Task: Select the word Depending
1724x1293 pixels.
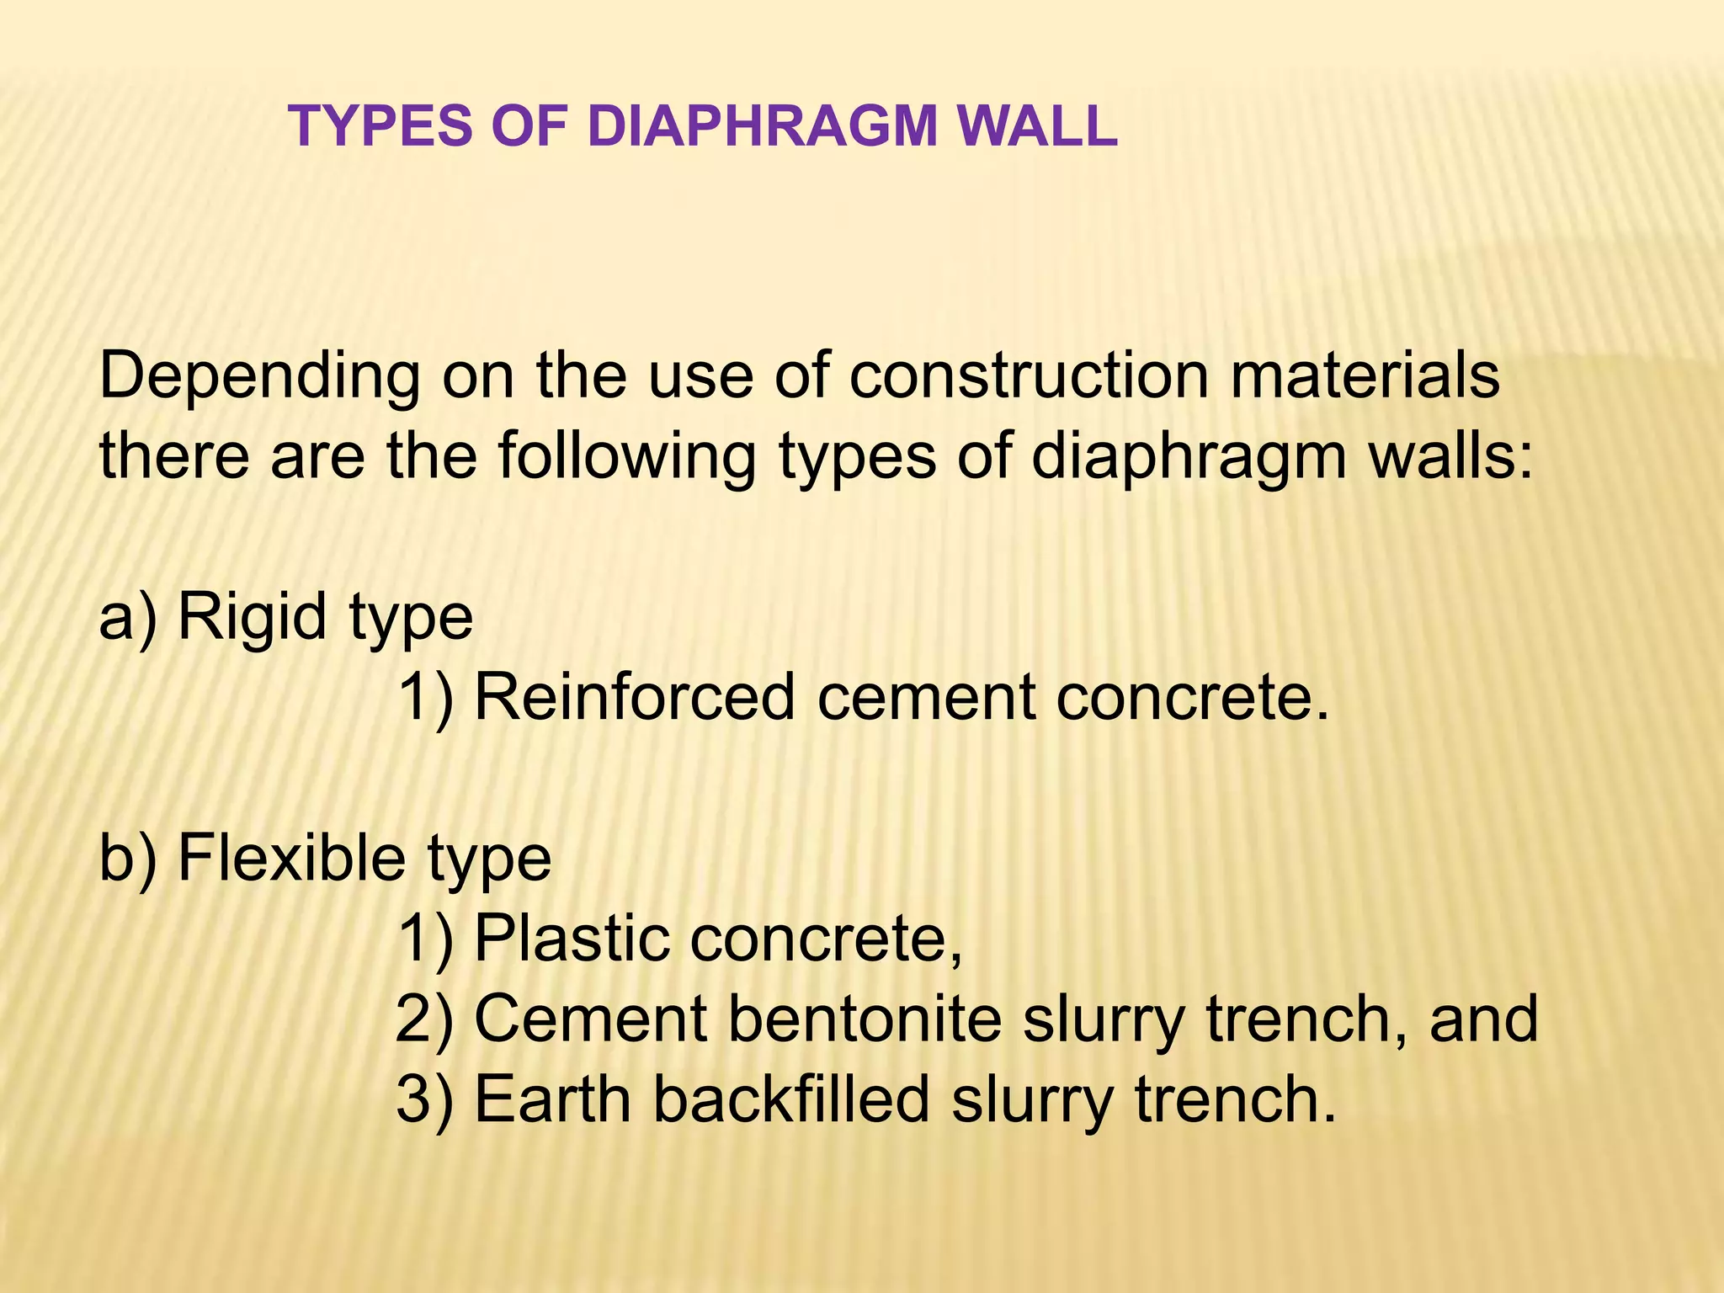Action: (x=259, y=377)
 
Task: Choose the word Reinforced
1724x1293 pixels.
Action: (x=635, y=697)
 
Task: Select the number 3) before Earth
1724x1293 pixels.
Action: (x=424, y=1099)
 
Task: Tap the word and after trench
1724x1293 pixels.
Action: (x=1484, y=1019)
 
